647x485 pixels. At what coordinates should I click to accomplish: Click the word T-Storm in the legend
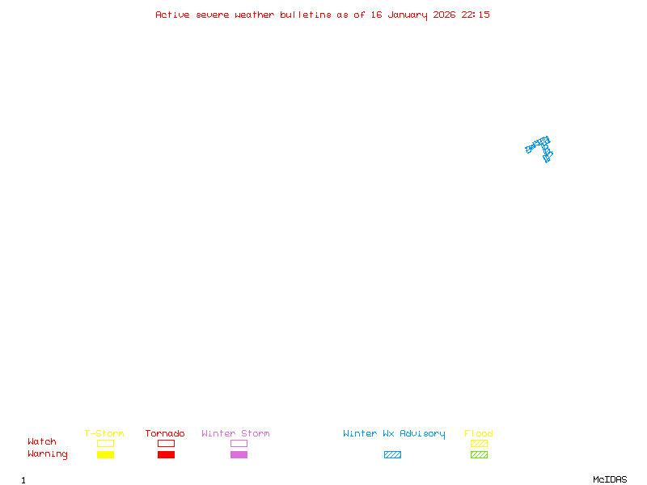click(104, 434)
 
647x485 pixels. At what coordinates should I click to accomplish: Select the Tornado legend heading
click(165, 434)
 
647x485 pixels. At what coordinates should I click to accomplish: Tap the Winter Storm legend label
click(235, 434)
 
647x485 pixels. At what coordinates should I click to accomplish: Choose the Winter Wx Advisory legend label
click(394, 434)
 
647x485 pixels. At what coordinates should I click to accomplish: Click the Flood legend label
click(479, 434)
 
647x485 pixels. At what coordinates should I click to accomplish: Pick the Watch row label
click(42, 442)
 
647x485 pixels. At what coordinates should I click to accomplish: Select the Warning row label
click(48, 454)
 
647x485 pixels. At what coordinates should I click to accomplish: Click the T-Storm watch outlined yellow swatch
click(105, 443)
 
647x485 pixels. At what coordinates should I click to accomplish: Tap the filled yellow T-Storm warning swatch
click(105, 455)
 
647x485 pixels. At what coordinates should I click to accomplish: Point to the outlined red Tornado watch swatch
click(166, 443)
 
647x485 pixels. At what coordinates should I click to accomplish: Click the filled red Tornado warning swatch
click(166, 455)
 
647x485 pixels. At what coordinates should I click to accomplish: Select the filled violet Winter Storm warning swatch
click(239, 455)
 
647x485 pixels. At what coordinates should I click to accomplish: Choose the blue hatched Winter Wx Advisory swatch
click(392, 455)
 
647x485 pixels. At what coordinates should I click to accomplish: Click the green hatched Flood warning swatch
click(479, 455)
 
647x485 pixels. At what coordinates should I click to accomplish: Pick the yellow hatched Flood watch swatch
click(479, 443)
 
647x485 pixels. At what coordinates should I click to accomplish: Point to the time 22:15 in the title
click(476, 15)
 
